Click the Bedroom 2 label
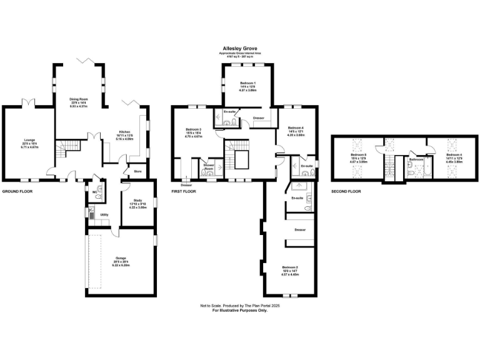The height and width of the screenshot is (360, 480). click(289, 270)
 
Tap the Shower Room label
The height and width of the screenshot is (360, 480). click(207, 167)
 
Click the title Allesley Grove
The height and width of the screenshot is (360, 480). click(240, 47)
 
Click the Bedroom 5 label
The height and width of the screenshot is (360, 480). click(357, 157)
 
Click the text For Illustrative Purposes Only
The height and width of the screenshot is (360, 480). click(239, 310)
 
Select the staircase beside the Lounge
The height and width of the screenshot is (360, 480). click(65, 150)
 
